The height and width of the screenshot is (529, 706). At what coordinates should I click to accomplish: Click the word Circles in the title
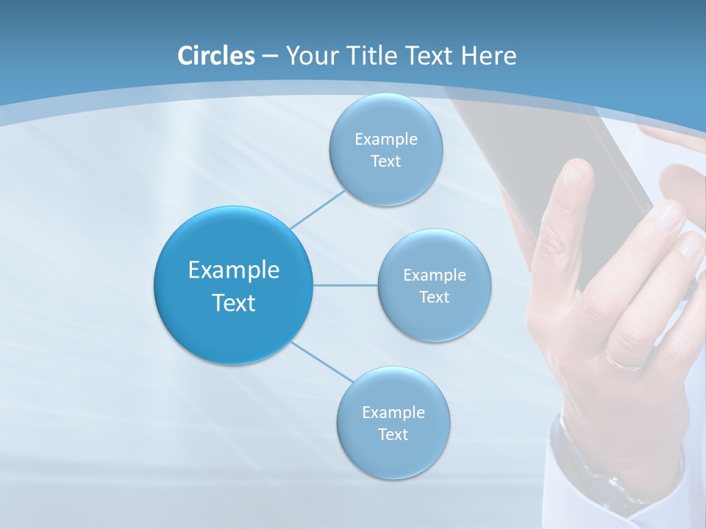(215, 56)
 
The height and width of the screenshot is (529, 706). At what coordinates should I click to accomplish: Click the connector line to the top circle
(318, 209)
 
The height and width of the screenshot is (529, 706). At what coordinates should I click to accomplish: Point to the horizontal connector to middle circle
(346, 285)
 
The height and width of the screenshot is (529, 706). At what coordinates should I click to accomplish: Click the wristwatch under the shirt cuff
(588, 470)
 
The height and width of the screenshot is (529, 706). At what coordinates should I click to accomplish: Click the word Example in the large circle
(234, 270)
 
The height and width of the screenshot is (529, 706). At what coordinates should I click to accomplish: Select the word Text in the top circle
(385, 162)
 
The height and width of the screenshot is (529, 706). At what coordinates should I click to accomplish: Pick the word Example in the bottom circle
(393, 413)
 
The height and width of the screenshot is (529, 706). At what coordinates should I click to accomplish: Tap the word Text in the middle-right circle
(434, 298)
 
